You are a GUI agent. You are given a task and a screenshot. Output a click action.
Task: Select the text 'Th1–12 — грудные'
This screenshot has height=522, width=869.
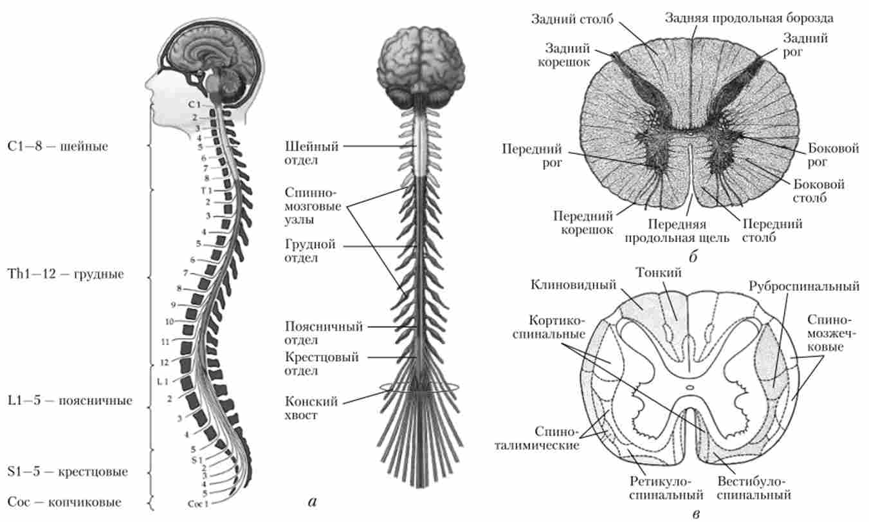[x=66, y=274]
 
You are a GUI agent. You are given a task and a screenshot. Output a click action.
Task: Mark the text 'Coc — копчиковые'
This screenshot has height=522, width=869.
[x=64, y=501]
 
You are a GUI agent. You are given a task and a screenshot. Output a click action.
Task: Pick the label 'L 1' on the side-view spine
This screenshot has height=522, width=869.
[x=163, y=382]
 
